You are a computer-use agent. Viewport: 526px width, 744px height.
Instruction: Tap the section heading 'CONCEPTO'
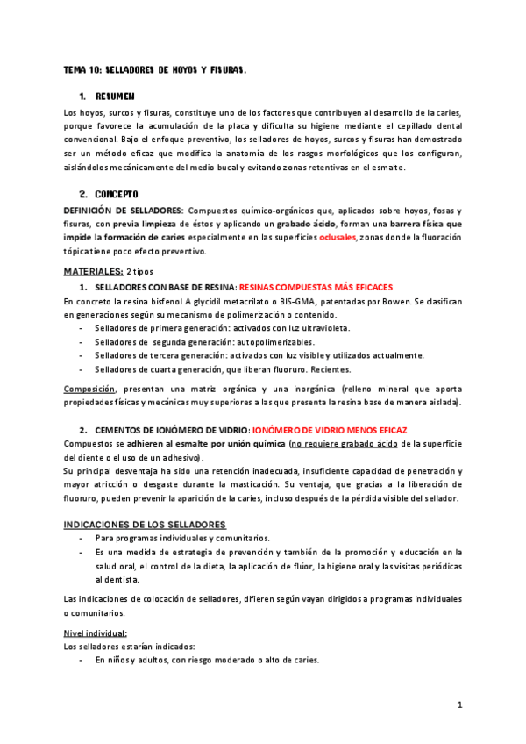click(117, 193)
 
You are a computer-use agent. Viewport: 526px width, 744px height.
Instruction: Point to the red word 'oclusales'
click(338, 238)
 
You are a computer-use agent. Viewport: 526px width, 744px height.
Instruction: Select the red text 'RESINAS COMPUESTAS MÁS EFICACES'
click(316, 287)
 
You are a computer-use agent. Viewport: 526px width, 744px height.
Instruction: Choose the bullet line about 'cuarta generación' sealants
click(224, 368)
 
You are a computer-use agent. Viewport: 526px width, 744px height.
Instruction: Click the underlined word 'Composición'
click(89, 389)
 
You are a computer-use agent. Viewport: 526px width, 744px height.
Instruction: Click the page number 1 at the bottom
click(459, 705)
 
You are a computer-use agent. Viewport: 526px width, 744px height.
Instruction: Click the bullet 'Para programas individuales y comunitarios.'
click(182, 538)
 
